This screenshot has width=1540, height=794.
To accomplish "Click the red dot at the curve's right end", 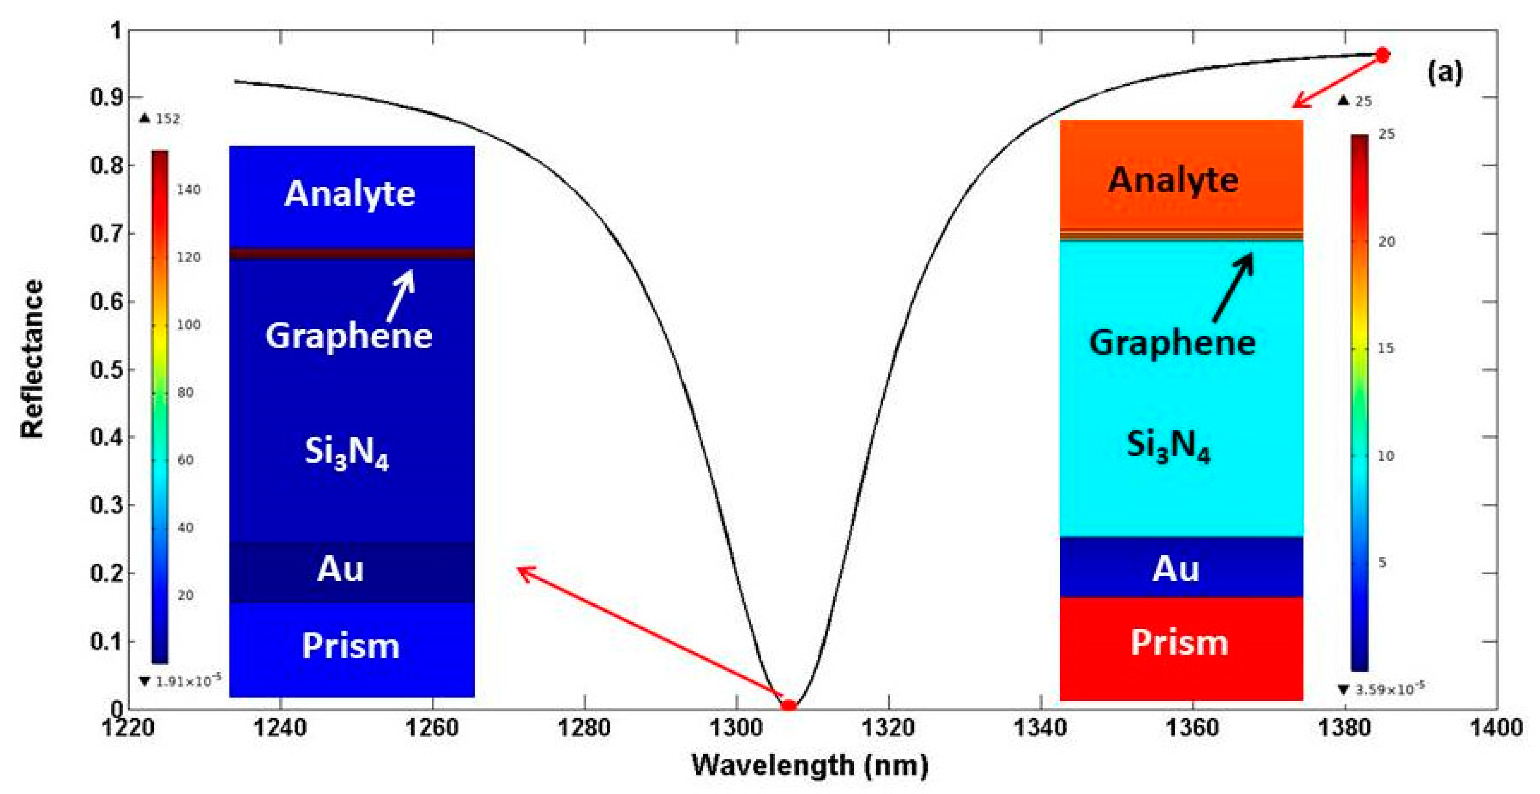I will click(1383, 55).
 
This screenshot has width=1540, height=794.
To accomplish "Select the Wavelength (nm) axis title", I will click(810, 765).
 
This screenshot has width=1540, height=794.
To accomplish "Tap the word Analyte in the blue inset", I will click(350, 194).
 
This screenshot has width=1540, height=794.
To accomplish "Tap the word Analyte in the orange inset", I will click(1173, 180).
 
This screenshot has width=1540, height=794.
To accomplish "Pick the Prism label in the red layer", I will click(1179, 643).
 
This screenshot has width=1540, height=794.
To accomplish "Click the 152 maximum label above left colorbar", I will click(168, 118).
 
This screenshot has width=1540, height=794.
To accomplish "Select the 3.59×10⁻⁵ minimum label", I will click(1389, 689).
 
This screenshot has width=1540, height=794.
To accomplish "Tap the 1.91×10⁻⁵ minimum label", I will click(188, 681).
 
